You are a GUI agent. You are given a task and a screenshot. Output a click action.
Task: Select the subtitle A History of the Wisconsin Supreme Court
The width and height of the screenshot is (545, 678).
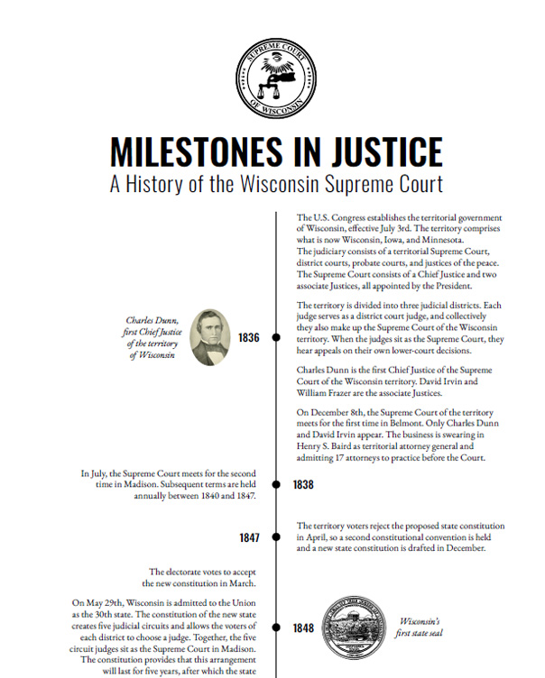tap(275, 184)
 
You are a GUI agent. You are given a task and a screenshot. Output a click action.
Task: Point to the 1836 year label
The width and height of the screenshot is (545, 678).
tap(249, 338)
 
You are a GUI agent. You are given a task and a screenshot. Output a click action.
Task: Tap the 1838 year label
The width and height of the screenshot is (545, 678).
tap(303, 485)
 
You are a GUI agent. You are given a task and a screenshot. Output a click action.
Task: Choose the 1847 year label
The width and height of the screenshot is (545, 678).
tap(249, 538)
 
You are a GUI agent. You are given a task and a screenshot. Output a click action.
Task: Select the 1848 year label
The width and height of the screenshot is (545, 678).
tap(303, 628)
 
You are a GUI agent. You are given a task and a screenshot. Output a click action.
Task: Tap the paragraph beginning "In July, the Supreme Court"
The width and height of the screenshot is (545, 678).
tap(170, 484)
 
